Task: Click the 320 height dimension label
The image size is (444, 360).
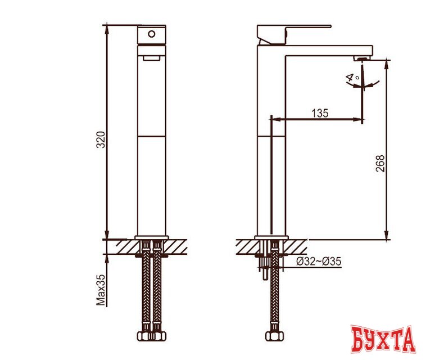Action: click(x=101, y=139)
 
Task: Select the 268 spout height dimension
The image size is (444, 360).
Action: click(x=380, y=163)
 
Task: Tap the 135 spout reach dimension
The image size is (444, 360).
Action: click(x=320, y=113)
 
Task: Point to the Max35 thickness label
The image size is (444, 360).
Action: click(x=101, y=290)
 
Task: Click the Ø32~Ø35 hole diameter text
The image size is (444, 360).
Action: click(x=319, y=262)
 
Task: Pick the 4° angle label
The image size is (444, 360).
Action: click(x=352, y=78)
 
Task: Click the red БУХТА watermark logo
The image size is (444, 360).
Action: click(x=383, y=339)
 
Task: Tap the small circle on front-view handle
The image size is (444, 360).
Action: click(x=152, y=34)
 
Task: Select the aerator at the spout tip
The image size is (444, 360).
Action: click(x=362, y=58)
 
